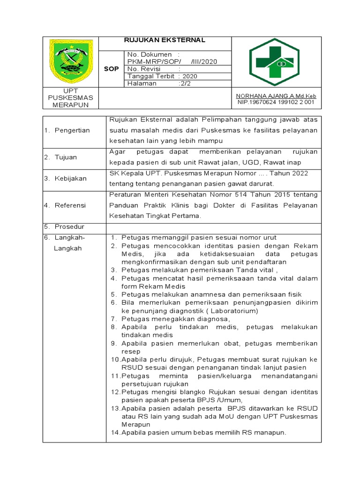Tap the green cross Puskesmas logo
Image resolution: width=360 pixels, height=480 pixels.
click(276, 62)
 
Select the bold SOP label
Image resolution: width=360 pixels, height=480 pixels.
click(111, 69)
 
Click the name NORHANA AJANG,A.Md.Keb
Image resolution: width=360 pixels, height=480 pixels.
click(276, 95)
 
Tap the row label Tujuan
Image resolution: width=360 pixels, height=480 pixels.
click(66, 157)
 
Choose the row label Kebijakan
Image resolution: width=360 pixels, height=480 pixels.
click(70, 179)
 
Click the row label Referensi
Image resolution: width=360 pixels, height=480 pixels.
click(70, 205)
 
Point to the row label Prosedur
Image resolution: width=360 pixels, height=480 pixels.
click(69, 226)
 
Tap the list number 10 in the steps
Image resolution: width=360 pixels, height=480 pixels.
click(115, 360)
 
